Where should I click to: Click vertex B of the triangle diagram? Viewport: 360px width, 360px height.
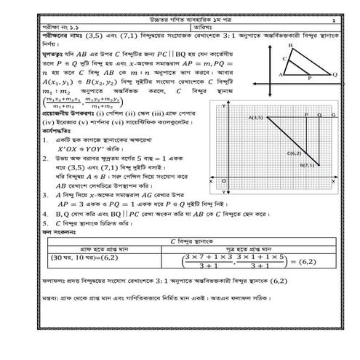290,46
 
